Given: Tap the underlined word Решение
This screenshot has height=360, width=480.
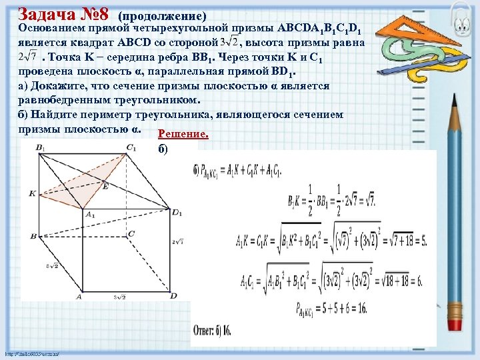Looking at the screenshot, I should coord(183,135).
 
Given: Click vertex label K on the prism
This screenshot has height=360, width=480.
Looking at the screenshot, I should coord(31,193).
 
